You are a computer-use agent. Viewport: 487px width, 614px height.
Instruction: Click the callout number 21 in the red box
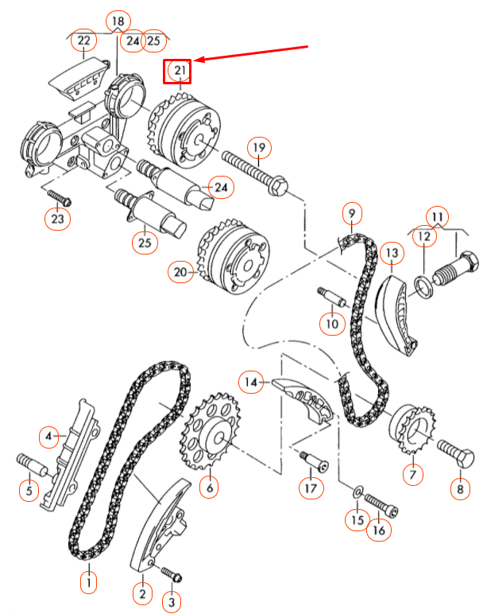(179, 72)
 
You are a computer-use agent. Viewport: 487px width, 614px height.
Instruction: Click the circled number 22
(83, 40)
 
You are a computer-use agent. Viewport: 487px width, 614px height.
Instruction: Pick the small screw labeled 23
(58, 195)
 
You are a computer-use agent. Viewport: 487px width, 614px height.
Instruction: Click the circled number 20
(181, 272)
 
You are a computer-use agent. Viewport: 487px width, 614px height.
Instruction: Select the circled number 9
(351, 213)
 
